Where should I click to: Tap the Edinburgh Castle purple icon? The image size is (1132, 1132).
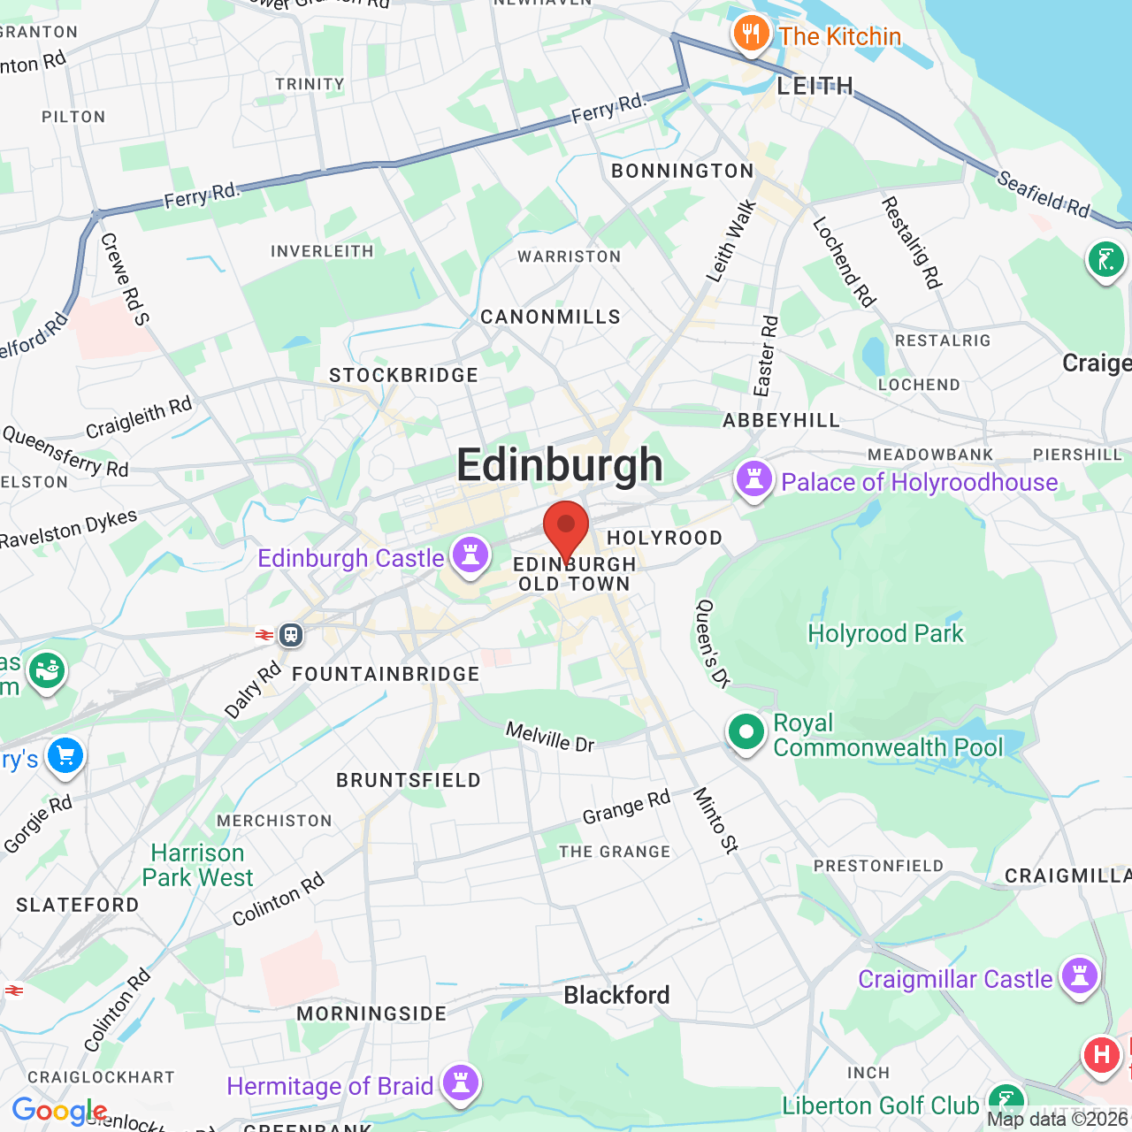click(470, 555)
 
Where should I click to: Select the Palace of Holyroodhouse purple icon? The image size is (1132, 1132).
click(754, 480)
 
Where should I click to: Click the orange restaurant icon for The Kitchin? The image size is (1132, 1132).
click(751, 34)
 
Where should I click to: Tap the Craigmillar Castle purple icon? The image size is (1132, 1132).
click(1080, 976)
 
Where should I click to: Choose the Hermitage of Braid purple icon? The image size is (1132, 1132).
click(461, 1082)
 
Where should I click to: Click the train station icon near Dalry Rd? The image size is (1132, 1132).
click(291, 634)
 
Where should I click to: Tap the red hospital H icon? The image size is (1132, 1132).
click(1102, 1055)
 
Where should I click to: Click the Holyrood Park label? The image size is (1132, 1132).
click(885, 633)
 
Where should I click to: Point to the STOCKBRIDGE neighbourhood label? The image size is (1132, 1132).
click(403, 375)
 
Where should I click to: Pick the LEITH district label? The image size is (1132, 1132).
click(815, 86)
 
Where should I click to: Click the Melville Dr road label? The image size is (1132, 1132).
click(550, 737)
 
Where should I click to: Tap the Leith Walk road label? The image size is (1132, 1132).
click(731, 241)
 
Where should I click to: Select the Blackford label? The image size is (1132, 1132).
click(616, 995)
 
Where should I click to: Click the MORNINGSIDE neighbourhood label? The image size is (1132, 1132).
click(371, 1013)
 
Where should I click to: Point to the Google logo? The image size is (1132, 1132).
click(59, 1111)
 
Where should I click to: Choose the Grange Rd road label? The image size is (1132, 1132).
click(626, 807)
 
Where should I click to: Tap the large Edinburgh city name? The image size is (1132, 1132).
click(560, 465)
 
